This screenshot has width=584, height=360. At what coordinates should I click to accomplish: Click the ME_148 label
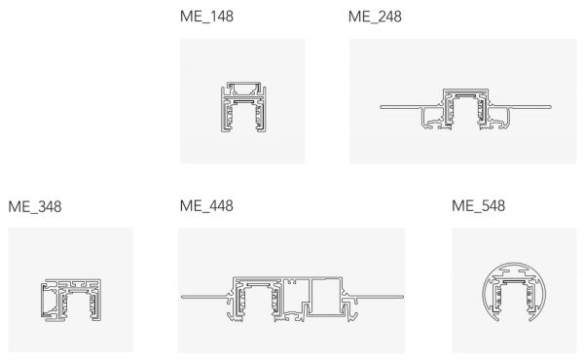(x=206, y=17)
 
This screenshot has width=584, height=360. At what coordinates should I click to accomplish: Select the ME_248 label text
(x=375, y=17)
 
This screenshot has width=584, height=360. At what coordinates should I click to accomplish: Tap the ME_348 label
(x=35, y=207)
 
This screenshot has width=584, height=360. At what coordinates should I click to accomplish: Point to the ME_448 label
(x=206, y=206)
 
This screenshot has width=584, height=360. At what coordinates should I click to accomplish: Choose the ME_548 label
(x=479, y=206)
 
